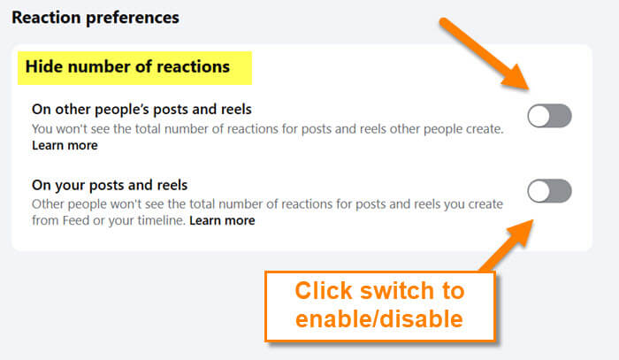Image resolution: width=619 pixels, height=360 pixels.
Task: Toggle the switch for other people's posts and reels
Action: pos(549,116)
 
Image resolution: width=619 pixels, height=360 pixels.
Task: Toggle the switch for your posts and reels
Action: pos(549,191)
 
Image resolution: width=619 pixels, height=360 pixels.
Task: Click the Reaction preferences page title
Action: pos(96,18)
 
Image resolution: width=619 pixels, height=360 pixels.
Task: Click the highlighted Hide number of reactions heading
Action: pos(127,66)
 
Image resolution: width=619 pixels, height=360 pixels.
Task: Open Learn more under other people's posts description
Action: pos(65,145)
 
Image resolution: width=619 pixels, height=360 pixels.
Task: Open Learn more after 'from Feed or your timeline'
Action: pos(222,220)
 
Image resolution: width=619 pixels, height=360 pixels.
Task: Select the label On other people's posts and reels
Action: pos(141,110)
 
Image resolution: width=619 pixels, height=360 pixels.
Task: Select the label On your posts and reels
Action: pos(110,185)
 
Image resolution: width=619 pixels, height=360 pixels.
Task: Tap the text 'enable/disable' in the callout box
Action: pos(379,319)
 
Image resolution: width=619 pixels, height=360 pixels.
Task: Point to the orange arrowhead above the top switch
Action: pos(516,78)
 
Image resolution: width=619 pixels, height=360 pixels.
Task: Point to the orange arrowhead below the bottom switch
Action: pos(520,233)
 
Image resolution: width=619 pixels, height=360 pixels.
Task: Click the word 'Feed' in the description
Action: pos(76,220)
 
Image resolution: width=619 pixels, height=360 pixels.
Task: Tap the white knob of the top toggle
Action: pos(539,116)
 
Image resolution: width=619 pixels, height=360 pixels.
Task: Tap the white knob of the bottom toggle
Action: pos(539,191)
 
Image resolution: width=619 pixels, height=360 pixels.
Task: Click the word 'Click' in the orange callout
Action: pos(324,291)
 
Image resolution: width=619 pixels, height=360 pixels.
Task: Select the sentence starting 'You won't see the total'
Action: pos(268,129)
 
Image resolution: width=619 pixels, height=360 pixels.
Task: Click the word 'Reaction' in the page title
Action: pos(46,18)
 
